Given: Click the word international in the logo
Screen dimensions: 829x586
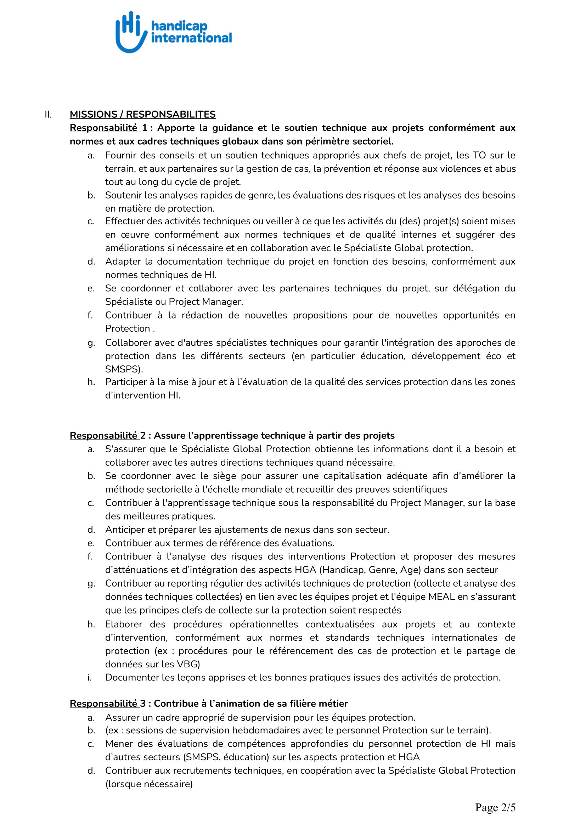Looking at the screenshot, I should tap(191, 38).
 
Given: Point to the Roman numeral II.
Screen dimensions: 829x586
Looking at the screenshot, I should tap(48, 114).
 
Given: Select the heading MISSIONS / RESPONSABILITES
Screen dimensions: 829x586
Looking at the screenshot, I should tap(142, 114).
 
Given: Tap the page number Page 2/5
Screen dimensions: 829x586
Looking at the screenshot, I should tap(495, 807).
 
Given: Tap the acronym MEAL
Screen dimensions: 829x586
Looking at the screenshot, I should tap(441, 596).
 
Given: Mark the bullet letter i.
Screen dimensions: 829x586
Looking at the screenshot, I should tap(90, 677).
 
